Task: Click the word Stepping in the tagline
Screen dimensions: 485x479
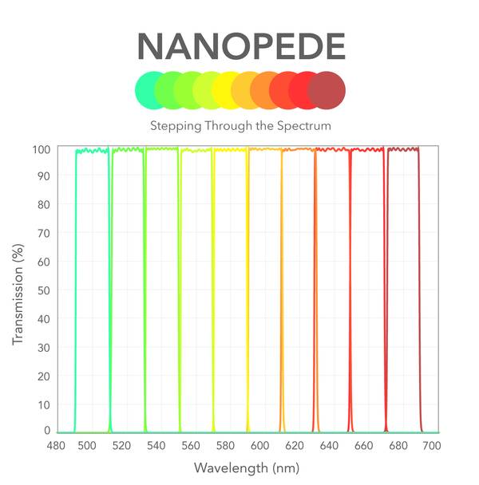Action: click(172, 126)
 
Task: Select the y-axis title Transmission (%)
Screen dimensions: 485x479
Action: click(18, 290)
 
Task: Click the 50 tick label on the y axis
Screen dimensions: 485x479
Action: click(44, 290)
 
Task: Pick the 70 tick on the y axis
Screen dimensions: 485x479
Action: click(44, 234)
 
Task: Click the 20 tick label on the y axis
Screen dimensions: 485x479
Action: click(44, 375)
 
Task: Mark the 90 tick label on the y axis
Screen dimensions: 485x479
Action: click(44, 177)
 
